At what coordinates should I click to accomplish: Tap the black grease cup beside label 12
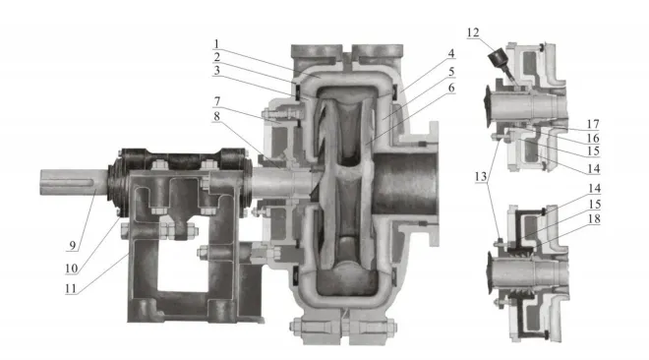pos(500,61)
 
